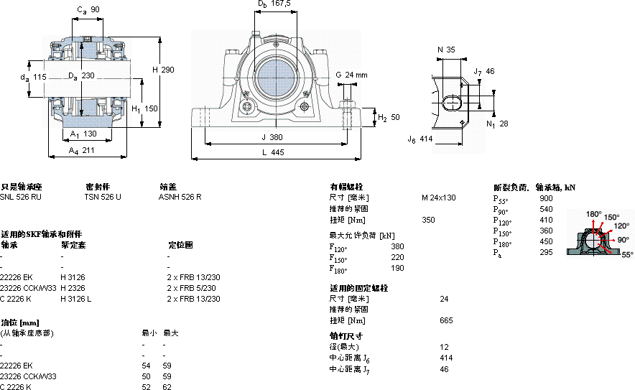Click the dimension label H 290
pyautogui.click(x=163, y=70)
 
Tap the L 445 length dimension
pyautogui.click(x=272, y=153)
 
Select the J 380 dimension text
pyautogui.click(x=272, y=136)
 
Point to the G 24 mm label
pyautogui.click(x=351, y=75)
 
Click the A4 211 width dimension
pyautogui.click(x=81, y=151)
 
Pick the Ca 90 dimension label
pyautogui.click(x=88, y=9)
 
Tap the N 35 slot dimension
pyautogui.click(x=446, y=50)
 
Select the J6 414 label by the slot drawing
pyautogui.click(x=420, y=139)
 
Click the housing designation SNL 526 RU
pyautogui.click(x=21, y=197)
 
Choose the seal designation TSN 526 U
pyautogui.click(x=103, y=197)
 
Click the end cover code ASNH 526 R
pyautogui.click(x=180, y=197)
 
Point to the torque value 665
pyautogui.click(x=446, y=320)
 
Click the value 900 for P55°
pyautogui.click(x=546, y=198)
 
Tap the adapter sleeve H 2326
pyautogui.click(x=72, y=287)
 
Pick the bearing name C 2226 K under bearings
pyautogui.click(x=16, y=298)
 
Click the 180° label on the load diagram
pyautogui.click(x=593, y=214)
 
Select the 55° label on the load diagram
pyautogui.click(x=627, y=254)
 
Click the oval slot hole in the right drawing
pyautogui.click(x=453, y=102)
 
